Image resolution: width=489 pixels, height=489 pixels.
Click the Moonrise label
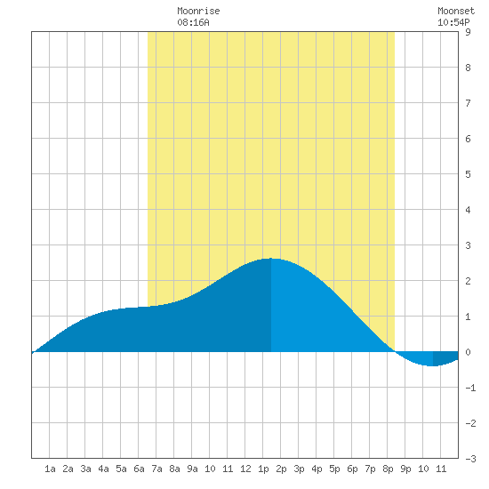tap(198, 11)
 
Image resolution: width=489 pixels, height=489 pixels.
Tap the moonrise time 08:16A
tap(193, 22)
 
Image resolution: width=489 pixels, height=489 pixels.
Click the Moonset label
tap(456, 11)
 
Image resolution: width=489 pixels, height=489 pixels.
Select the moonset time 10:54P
tap(453, 22)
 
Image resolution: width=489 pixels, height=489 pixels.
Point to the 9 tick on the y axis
tap(468, 32)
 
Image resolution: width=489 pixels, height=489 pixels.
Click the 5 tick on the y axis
tap(468, 174)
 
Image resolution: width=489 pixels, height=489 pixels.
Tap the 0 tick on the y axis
tap(468, 352)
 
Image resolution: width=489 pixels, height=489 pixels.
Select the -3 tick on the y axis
tap(470, 459)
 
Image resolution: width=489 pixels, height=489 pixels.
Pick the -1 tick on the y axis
tap(470, 388)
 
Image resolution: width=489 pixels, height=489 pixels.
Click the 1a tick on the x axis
tap(50, 469)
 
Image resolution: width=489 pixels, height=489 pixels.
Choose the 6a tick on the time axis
tap(139, 469)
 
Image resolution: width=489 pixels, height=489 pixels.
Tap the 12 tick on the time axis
tap(245, 469)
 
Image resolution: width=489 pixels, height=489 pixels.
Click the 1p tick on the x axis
tap(263, 469)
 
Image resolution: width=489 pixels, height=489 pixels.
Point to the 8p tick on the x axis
tap(388, 469)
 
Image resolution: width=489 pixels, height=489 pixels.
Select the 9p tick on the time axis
tap(405, 469)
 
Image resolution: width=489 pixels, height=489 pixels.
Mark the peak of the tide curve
tap(270, 259)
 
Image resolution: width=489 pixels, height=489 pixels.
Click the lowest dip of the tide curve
tap(433, 365)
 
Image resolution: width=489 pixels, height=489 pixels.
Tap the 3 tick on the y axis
tap(468, 245)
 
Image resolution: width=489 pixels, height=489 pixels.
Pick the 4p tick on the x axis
tap(317, 469)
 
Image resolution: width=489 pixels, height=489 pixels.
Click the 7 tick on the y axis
tap(468, 103)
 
